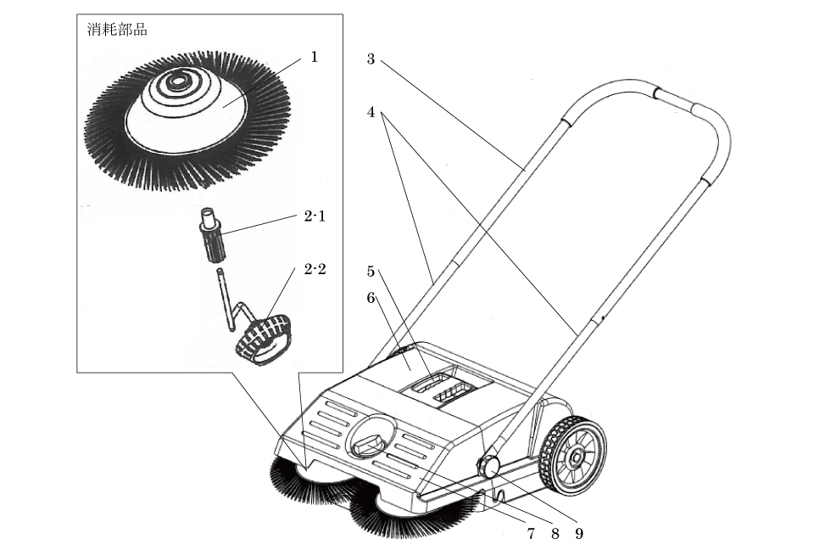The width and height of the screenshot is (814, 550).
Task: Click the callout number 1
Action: [314, 57]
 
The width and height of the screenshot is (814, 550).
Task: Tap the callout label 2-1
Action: [315, 216]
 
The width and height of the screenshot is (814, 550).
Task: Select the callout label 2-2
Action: [315, 270]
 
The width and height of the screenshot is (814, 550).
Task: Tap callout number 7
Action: [531, 534]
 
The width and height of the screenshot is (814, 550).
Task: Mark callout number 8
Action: [555, 534]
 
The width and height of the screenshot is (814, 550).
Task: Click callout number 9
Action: [580, 534]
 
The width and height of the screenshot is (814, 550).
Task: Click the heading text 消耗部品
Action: [117, 30]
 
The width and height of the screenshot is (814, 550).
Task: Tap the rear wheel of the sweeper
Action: [573, 457]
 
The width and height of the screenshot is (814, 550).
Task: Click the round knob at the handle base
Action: [489, 465]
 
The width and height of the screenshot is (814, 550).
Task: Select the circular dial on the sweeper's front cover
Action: [369, 436]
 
